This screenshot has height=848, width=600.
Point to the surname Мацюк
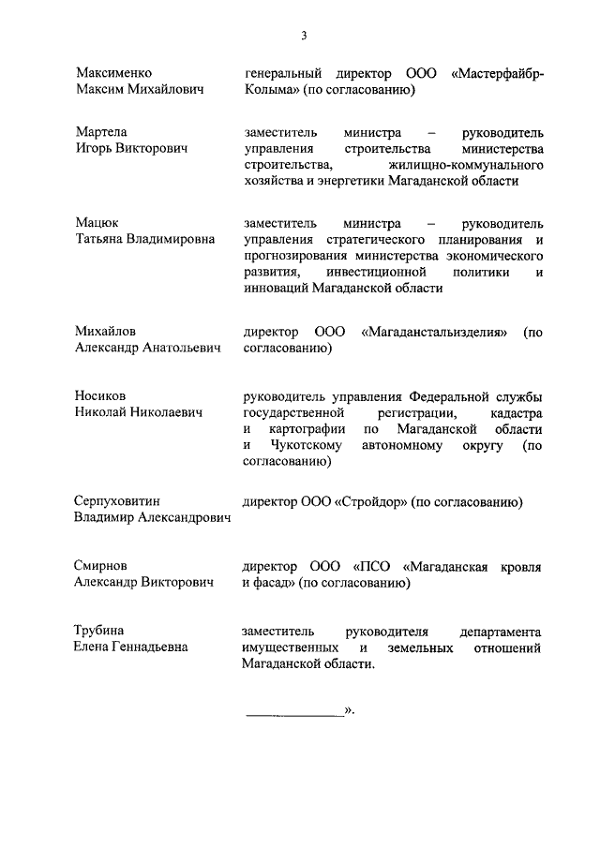coord(96,223)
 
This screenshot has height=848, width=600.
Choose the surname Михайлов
coord(105,332)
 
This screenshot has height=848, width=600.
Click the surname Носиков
coord(100,395)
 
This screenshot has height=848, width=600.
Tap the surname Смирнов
coord(101,566)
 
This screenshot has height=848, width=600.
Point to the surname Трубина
coord(99,630)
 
